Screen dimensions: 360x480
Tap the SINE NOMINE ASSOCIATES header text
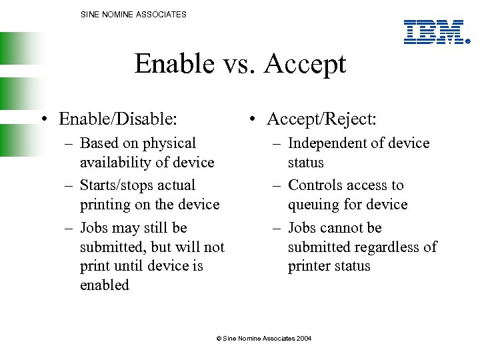(x=133, y=14)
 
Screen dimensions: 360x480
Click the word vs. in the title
(x=239, y=65)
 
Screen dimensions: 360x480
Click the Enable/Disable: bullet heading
(x=118, y=119)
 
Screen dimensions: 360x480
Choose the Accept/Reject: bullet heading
(x=321, y=119)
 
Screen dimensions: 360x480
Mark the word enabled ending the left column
(x=105, y=285)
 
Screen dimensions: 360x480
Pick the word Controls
(x=317, y=185)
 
